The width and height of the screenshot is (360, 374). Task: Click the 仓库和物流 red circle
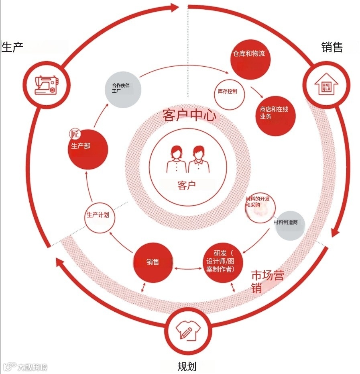[x=250, y=59]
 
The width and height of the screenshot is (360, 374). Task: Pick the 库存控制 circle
[x=228, y=92]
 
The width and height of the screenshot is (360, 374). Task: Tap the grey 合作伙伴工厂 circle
[x=123, y=89]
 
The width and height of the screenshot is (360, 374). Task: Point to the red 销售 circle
[x=153, y=262]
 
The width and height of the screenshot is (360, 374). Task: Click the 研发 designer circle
[x=224, y=262]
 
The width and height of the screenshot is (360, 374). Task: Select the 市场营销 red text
[x=267, y=281]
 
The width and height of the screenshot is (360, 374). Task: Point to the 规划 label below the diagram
[x=187, y=366]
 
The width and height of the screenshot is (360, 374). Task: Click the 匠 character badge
[x=74, y=134]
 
